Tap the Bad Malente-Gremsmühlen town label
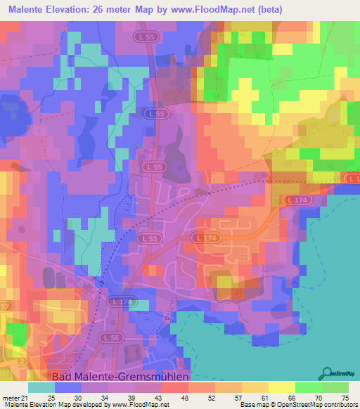coord(120,376)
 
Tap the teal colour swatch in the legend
coord(41,388)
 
